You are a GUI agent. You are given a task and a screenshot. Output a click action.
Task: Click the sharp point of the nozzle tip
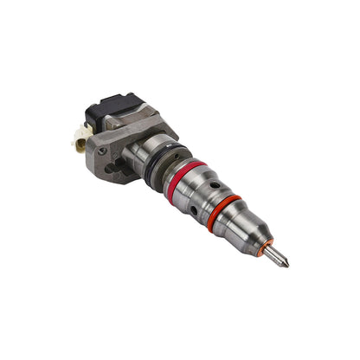click(288, 265)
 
